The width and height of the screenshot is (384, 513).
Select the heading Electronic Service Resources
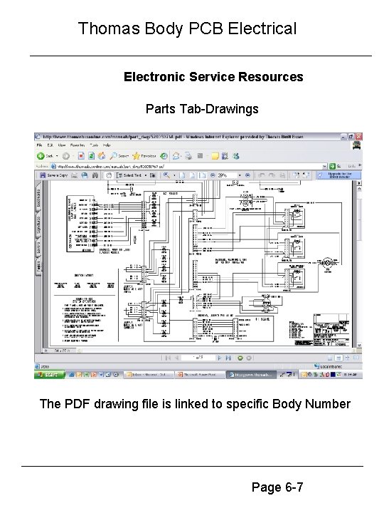pos(213,76)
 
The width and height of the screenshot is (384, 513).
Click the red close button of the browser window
pos(359,136)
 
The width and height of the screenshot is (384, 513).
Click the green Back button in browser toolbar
pos(42,155)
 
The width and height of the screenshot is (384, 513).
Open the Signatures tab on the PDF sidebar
pos(38,225)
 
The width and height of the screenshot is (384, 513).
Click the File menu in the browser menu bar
pos(41,145)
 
